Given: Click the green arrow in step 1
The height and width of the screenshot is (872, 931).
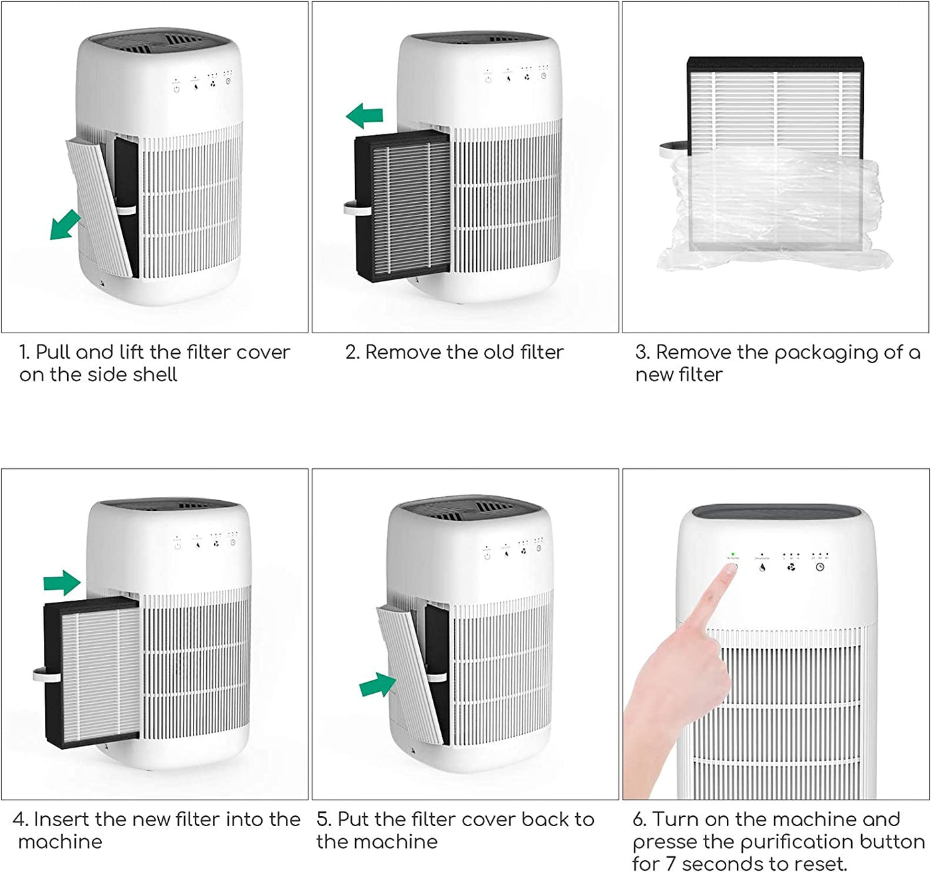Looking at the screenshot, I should (x=65, y=225).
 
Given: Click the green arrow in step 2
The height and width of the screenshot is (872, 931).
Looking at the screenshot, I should (x=365, y=116).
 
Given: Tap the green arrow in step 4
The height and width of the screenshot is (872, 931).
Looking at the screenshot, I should (x=62, y=583).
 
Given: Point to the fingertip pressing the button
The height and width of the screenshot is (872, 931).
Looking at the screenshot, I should (x=730, y=571).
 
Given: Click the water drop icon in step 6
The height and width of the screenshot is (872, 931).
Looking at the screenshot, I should (x=762, y=567).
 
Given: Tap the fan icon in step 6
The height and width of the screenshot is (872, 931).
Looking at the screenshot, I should (x=791, y=567).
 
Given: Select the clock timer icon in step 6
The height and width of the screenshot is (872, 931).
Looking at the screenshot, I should (x=820, y=567).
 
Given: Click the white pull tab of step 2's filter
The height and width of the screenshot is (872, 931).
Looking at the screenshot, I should (x=350, y=209).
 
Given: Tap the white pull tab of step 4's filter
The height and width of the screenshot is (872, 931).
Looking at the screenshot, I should (x=40, y=675).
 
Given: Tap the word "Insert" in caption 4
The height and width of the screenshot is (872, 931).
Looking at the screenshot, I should (x=62, y=819).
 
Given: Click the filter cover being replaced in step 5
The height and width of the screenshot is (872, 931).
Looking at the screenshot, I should (x=409, y=672).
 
